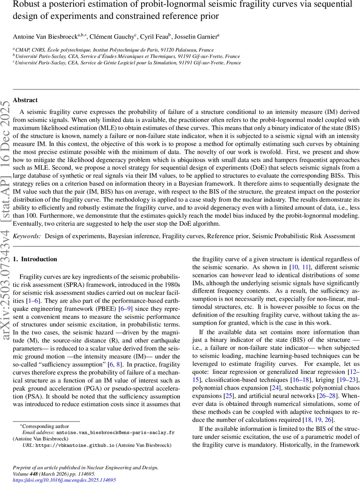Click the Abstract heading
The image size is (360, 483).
tap(25, 100)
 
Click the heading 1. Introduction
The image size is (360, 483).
tap(35, 259)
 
